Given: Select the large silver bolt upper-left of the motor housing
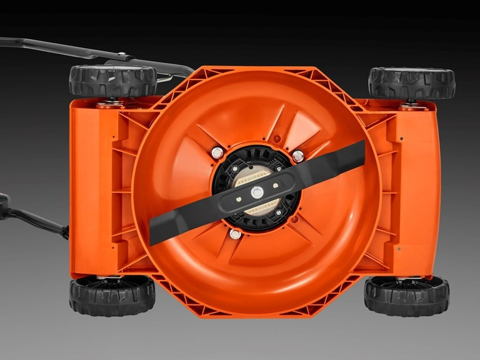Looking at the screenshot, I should tap(217, 152).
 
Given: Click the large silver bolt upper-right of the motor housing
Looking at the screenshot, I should tap(298, 155).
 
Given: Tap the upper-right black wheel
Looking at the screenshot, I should tap(411, 83).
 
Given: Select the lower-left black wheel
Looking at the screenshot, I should tap(112, 296).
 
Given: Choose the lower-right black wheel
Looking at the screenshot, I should tap(407, 296).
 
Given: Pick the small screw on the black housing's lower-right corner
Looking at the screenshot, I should tap(282, 219).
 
